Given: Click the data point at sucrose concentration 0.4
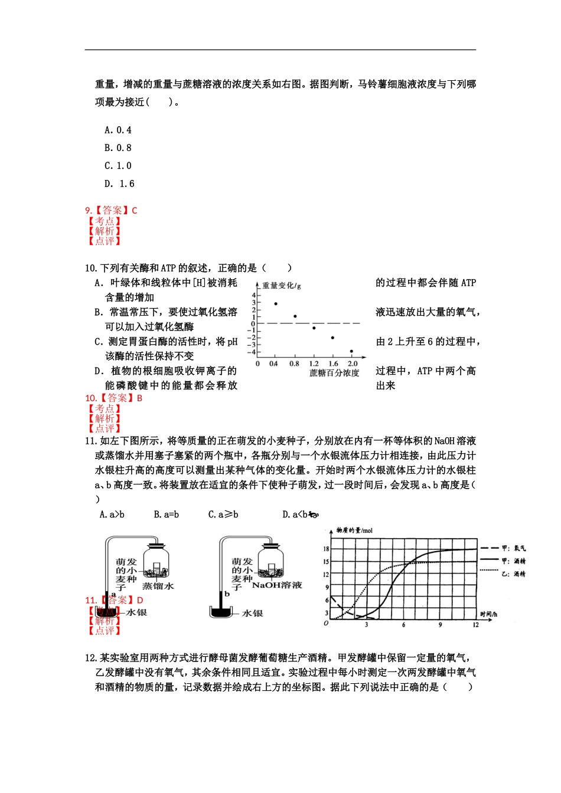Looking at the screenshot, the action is point(276,304).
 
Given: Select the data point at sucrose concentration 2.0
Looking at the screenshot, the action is point(351,352).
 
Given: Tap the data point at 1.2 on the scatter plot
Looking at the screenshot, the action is point(314,328).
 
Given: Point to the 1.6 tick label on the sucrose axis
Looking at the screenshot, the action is point(334,364).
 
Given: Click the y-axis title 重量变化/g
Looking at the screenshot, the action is point(282,286).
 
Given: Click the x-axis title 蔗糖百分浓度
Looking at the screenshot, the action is point(334,373).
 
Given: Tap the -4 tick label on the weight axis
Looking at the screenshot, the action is point(252,352).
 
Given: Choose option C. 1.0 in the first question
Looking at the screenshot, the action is point(118,166).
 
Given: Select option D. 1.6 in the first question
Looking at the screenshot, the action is point(119,183).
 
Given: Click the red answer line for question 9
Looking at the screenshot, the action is point(112,210).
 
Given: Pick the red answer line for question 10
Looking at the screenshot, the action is point(114,398).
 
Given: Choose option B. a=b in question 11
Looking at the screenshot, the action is point(167,515).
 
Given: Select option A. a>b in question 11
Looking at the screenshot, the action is point(112,515).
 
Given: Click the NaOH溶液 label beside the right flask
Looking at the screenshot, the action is point(277,585).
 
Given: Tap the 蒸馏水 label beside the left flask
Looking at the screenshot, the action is point(158,586).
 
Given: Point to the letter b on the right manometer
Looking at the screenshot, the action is point(227,594).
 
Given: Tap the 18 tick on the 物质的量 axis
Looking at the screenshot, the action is point(326,549).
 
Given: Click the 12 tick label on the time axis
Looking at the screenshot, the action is point(475,625).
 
